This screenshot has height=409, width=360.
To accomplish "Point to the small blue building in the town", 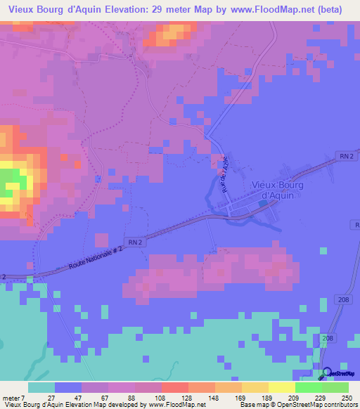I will coord(262,203).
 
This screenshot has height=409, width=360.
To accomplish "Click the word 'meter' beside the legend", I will coord(11,398).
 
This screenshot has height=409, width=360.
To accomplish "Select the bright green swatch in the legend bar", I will coord(309,387).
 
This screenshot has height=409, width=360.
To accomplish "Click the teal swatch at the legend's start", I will coord(41,387).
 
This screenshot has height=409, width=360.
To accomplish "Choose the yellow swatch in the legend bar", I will coord(281,387).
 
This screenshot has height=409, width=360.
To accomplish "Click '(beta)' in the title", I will coord(342,9).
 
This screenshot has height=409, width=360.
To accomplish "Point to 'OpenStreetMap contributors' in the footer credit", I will coord(309,405).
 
